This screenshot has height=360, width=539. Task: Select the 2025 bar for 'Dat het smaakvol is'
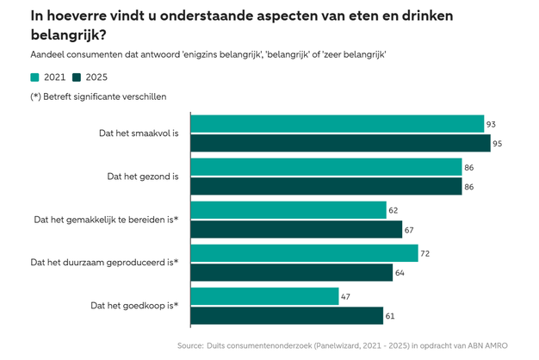point(339,143)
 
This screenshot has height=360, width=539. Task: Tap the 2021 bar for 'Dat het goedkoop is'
point(264,296)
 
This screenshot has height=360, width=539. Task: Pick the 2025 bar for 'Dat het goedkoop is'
point(286,315)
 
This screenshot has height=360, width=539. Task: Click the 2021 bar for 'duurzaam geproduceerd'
point(303,253)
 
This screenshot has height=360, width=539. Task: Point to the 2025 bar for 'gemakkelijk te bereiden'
point(295,229)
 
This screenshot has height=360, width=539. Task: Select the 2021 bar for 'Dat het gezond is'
point(325,167)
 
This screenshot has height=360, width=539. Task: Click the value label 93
point(491,124)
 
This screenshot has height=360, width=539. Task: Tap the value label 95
point(497,143)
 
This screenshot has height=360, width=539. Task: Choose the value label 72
point(425,253)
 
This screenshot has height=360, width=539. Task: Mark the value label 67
point(410,229)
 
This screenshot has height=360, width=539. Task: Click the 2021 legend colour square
point(35,78)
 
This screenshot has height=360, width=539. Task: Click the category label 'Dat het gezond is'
point(142,177)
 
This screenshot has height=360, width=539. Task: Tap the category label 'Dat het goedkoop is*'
point(133,306)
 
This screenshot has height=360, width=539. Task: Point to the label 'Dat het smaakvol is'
point(139,133)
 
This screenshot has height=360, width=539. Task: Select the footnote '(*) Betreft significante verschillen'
point(98,96)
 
